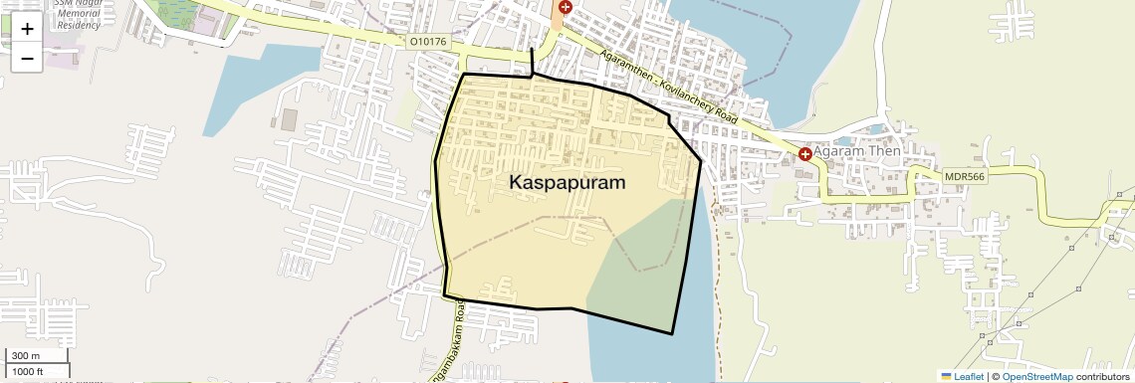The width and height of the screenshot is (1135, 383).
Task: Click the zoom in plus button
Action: pyautogui.click(x=27, y=29)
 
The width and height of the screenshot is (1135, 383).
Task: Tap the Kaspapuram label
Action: pyautogui.click(x=567, y=183)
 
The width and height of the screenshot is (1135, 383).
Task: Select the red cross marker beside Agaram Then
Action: pyautogui.click(x=804, y=154)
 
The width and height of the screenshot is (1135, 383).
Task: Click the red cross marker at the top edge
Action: pyautogui.click(x=566, y=7)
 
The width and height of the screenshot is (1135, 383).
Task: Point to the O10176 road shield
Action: pyautogui.click(x=428, y=43)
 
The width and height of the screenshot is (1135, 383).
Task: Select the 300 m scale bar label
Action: pyautogui.click(x=27, y=356)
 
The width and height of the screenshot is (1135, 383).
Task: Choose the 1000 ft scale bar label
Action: pyautogui.click(x=28, y=371)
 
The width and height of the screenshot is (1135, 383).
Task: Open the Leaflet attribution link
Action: pyautogui.click(x=963, y=376)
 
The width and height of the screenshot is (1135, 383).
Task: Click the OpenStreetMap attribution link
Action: pyautogui.click(x=1036, y=376)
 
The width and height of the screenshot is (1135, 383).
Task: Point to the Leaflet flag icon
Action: pyautogui.click(x=946, y=376)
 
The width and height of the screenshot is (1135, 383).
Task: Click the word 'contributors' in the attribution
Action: pyautogui.click(x=1101, y=376)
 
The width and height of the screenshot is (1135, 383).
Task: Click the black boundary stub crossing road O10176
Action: pyautogui.click(x=533, y=60)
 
